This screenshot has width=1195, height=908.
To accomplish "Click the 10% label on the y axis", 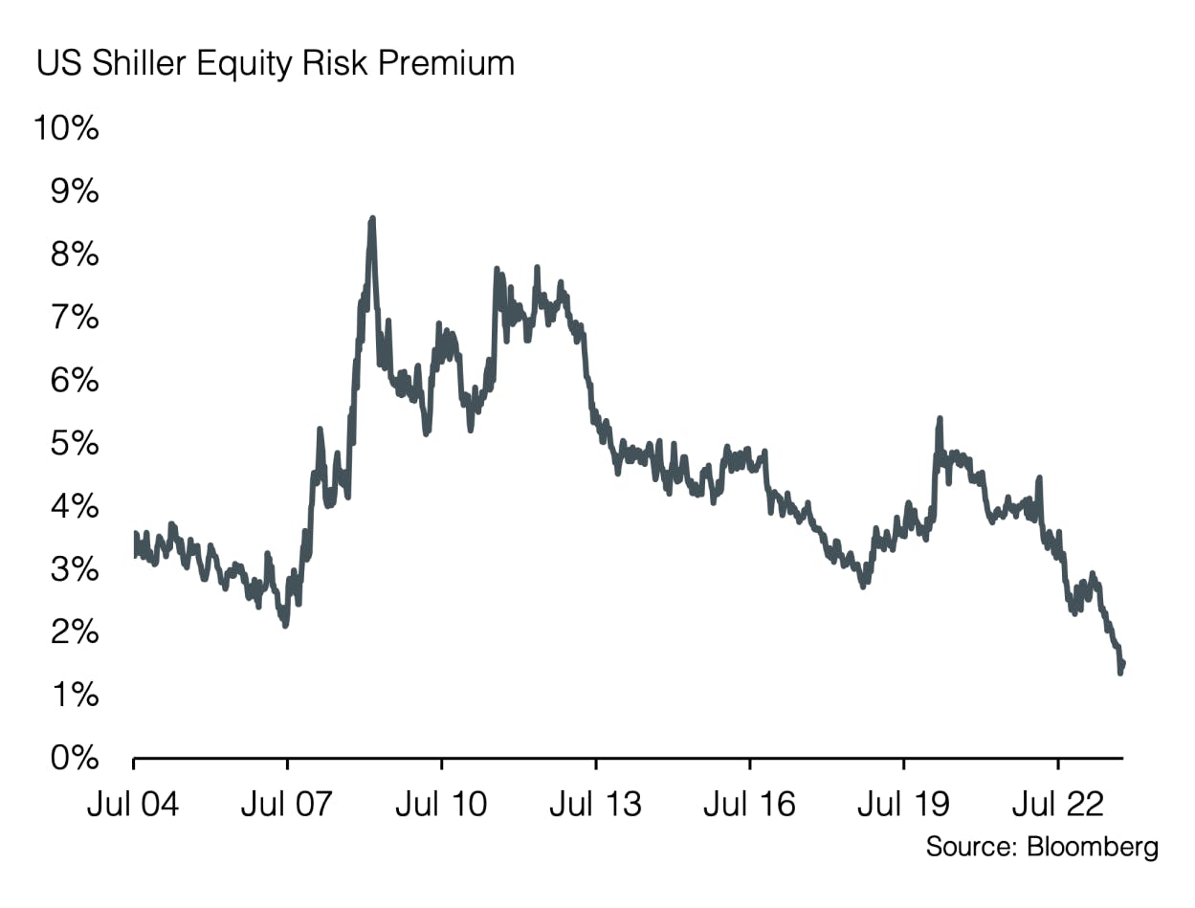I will (66, 128).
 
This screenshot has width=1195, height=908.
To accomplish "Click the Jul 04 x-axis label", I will (133, 805).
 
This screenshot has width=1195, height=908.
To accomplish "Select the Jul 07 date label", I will (287, 805).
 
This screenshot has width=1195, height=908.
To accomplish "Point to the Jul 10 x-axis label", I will (441, 805).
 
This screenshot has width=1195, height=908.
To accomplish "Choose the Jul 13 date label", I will (595, 805).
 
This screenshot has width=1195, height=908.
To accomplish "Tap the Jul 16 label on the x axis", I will (749, 805).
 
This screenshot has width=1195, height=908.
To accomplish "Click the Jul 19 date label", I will (903, 805).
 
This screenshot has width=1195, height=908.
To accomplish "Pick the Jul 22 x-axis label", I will (1057, 805).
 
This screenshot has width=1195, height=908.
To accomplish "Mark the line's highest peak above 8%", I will (372, 219).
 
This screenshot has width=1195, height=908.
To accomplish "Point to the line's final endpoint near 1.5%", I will (1122, 663).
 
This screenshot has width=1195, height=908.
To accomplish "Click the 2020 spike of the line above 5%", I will (940, 419).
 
